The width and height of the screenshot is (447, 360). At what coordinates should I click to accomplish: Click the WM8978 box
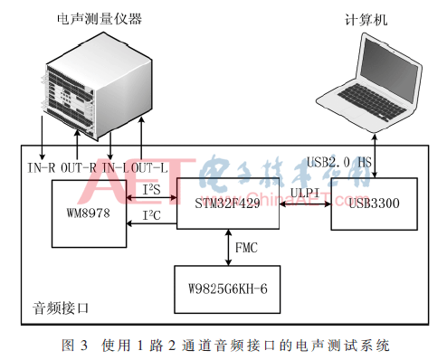(x=86, y=213)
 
